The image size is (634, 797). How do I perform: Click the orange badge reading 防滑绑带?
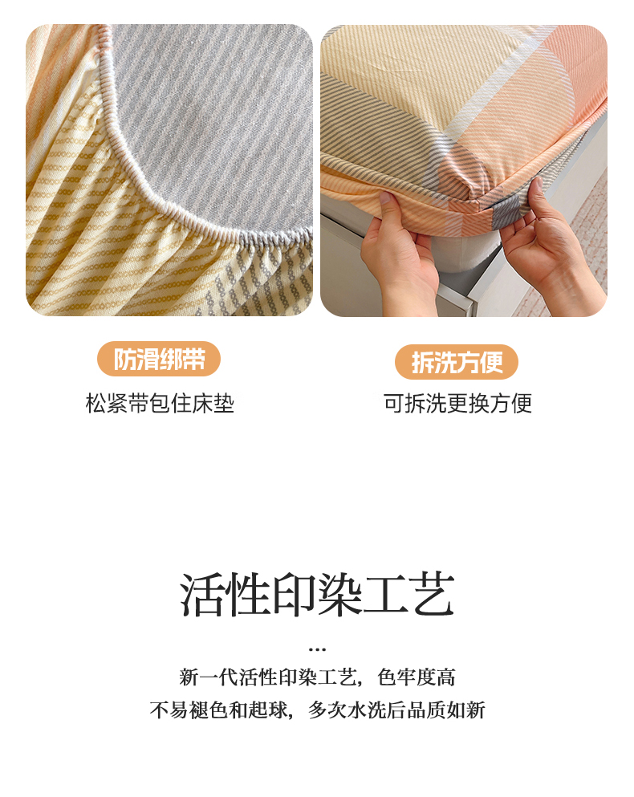(x=159, y=359)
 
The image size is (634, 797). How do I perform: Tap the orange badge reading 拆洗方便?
(x=457, y=362)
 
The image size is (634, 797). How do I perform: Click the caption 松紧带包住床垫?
(x=160, y=403)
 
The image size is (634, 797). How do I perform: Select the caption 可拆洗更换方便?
(x=457, y=403)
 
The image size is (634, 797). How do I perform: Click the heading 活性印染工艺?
(x=317, y=595)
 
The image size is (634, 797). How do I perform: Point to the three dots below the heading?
(x=317, y=649)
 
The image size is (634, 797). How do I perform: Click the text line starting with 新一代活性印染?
(x=317, y=677)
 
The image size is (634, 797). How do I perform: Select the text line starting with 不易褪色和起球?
(x=317, y=710)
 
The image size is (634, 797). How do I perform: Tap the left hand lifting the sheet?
(x=401, y=249)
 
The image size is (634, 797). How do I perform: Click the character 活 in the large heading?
(x=202, y=595)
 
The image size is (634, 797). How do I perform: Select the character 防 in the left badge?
(x=124, y=360)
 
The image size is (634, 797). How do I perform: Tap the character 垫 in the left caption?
(x=224, y=403)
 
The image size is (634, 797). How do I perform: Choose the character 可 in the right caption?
(x=393, y=403)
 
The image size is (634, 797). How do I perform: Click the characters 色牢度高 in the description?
(x=417, y=677)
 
